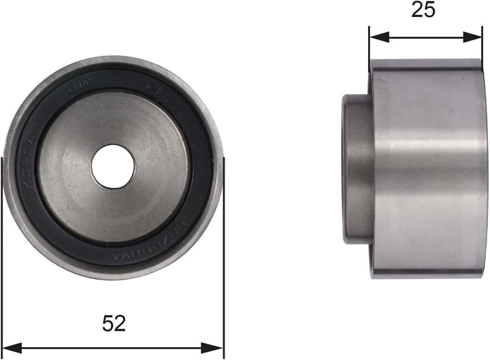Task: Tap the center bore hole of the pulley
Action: pyautogui.click(x=112, y=167)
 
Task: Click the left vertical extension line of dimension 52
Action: pyautogui.click(x=3, y=272)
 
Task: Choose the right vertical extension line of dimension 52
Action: pyautogui.click(x=224, y=272)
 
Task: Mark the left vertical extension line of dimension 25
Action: pyautogui.click(x=369, y=48)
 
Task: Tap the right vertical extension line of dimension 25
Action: pyautogui.click(x=483, y=48)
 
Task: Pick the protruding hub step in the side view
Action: pyautogui.click(x=355, y=169)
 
